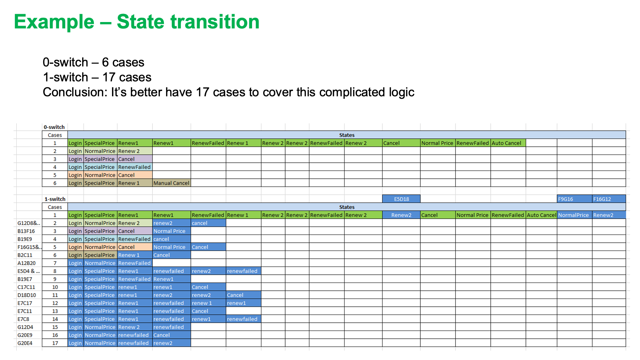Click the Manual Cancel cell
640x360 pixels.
171,183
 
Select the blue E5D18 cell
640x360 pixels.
401,199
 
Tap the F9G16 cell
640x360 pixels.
575,199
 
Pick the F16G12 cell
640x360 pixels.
609,199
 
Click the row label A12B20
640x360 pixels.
27,263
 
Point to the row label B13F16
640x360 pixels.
26,231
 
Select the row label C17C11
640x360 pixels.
26,287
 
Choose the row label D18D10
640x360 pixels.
27,295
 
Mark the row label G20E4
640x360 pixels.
25,343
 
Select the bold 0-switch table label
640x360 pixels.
54,127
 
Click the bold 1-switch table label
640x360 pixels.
55,199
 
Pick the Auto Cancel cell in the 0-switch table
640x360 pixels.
506,143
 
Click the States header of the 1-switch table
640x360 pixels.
347,207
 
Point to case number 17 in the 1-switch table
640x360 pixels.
55,343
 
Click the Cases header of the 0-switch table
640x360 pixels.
55,135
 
